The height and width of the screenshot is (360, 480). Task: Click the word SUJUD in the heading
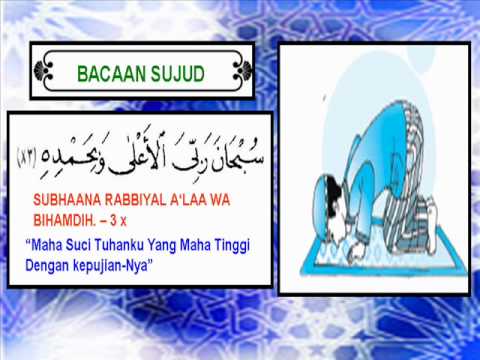click(x=177, y=74)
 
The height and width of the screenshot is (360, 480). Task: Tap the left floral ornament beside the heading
click(x=43, y=71)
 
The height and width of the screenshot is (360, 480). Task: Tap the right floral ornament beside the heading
click(x=242, y=71)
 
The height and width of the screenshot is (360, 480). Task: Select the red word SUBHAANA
click(x=67, y=200)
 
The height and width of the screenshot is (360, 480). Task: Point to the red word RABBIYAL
click(x=135, y=200)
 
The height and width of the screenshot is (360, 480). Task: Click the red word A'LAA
click(x=188, y=200)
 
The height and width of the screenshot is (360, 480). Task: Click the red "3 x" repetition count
click(x=118, y=220)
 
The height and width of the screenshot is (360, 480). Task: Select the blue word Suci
click(x=78, y=245)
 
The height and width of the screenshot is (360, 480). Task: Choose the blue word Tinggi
click(x=232, y=246)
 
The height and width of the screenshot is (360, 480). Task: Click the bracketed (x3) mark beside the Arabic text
click(x=27, y=159)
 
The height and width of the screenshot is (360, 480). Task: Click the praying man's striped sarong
click(x=405, y=200)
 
